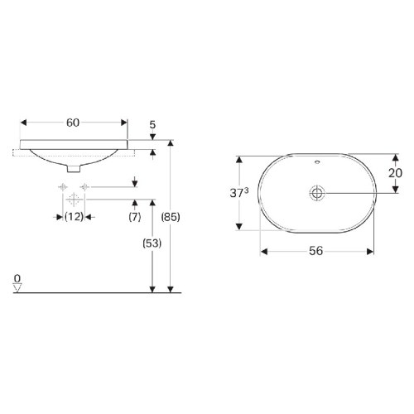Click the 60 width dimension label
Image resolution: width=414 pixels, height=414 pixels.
pyautogui.click(x=73, y=123)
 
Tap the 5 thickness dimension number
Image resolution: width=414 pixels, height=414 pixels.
pyautogui.click(x=152, y=125)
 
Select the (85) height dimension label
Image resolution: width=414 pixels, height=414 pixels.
pyautogui.click(x=171, y=217)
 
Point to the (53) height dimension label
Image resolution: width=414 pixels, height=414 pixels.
pyautogui.click(x=152, y=243)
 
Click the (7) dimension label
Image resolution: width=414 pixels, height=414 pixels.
pyautogui.click(x=135, y=217)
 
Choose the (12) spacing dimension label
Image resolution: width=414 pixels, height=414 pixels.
pyautogui.click(x=74, y=217)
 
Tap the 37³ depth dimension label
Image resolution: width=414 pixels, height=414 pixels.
pyautogui.click(x=239, y=193)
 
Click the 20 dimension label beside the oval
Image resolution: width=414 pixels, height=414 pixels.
pyautogui.click(x=395, y=173)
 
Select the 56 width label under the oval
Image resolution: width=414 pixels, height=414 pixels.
pyautogui.click(x=315, y=251)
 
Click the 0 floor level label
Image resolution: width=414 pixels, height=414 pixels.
pyautogui.click(x=17, y=279)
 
